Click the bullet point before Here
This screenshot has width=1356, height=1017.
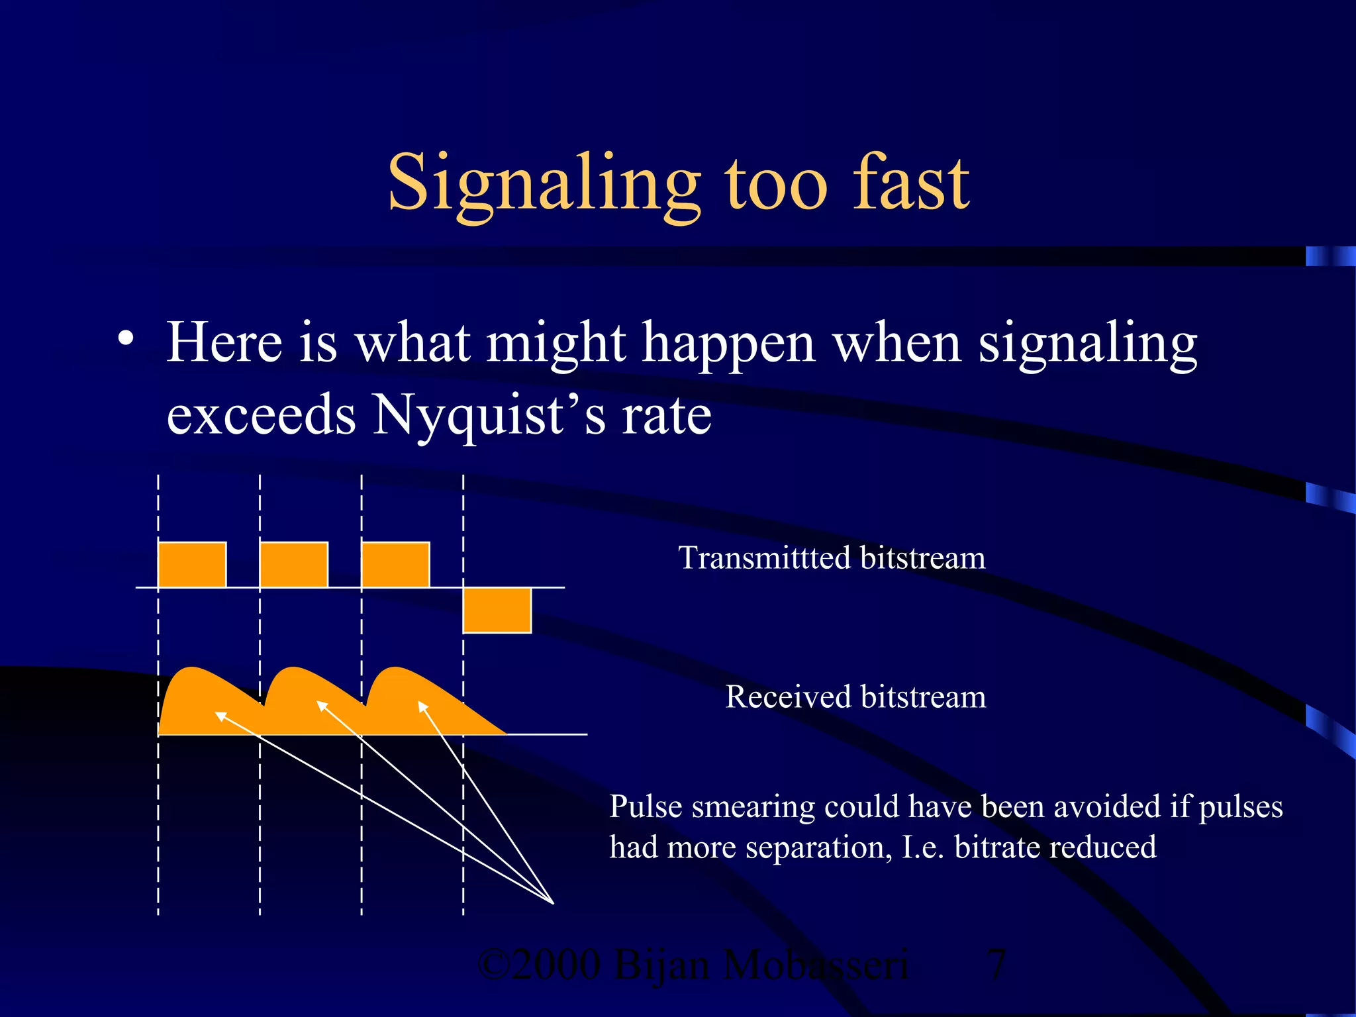click(x=125, y=339)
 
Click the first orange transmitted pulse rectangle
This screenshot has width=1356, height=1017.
click(x=192, y=565)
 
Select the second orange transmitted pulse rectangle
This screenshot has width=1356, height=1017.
click(x=294, y=565)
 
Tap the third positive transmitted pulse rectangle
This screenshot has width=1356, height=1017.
click(x=395, y=565)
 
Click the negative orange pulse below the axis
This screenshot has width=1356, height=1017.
click(x=497, y=610)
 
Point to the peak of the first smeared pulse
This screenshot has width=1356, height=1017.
click(x=192, y=669)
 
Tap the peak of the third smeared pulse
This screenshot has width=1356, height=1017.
click(x=396, y=669)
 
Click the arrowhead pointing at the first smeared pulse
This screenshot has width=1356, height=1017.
click(x=219, y=714)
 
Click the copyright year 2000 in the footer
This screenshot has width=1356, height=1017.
click(x=556, y=964)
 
